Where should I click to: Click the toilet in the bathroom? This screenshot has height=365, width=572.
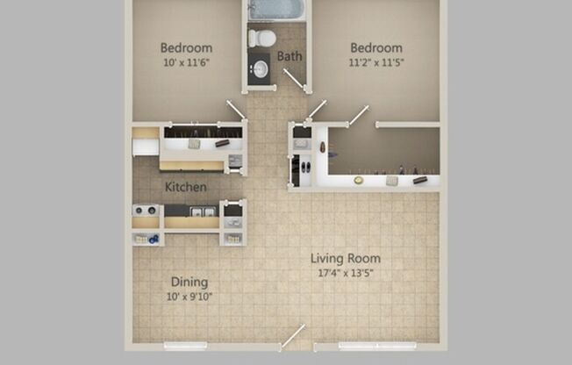pos(261,38)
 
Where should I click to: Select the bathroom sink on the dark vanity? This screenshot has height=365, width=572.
pos(259,68)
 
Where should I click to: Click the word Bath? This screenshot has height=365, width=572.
pos(290,56)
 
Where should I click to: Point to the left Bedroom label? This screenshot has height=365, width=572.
pos(186,47)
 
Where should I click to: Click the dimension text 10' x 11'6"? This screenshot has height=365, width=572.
pos(186,63)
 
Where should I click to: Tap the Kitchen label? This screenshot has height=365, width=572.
pos(186,187)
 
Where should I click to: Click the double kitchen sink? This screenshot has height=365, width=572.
pos(203,211)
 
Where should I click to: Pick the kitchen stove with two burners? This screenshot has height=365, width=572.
pos(145,211)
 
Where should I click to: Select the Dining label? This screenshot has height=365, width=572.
pos(189,282)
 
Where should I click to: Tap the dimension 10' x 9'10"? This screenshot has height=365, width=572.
pos(189,297)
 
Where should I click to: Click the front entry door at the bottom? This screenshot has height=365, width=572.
pos(293,337)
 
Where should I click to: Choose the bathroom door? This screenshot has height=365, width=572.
pos(295,81)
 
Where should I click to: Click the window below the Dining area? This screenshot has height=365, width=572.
pos(185,344)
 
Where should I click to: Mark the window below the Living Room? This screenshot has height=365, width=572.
pos(377,344)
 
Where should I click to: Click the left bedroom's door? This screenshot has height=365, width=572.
pos(237,111)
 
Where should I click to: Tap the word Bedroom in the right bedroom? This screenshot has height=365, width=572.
pos(376,47)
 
